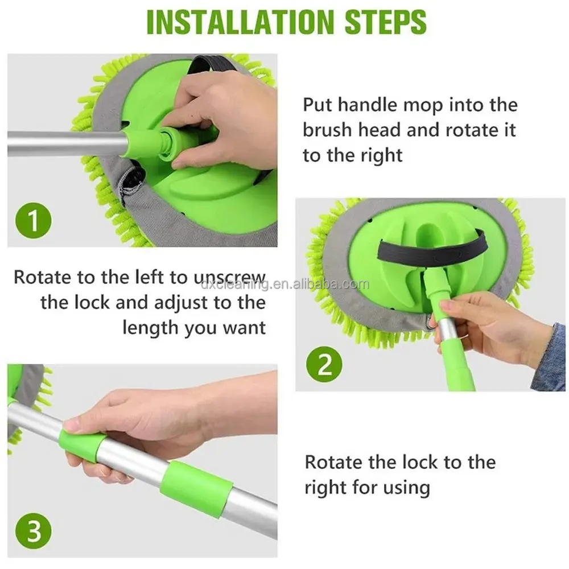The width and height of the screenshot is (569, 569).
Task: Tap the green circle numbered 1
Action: click(34, 220)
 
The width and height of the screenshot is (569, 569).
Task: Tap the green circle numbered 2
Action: click(324, 364)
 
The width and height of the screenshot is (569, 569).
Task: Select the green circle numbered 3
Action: click(34, 531)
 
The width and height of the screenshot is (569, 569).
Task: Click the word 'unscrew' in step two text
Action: click(229, 278)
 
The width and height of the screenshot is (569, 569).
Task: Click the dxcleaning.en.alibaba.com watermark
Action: click(285, 284)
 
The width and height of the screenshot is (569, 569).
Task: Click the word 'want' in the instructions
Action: click(245, 328)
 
